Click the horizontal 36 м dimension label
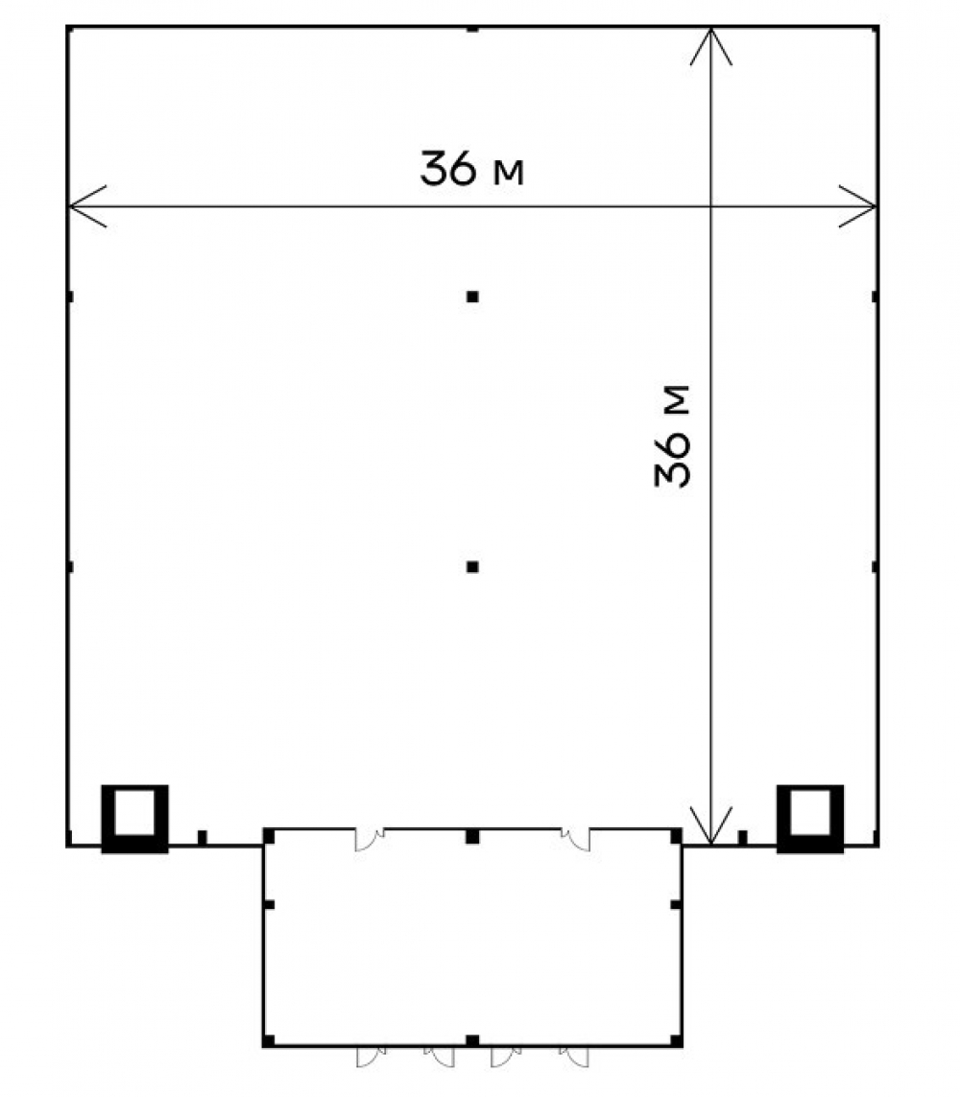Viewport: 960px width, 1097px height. (471, 168)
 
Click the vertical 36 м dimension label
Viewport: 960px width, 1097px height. (672, 436)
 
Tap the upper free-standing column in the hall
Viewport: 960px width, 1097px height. (472, 297)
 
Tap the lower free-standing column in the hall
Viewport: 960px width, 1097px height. (472, 566)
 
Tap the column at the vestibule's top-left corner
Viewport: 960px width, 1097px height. (269, 835)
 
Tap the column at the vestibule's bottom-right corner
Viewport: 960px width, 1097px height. (677, 1040)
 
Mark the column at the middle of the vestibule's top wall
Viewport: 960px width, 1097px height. (472, 836)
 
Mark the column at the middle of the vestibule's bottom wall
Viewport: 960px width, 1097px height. (472, 1041)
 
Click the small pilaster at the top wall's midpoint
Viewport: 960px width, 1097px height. (472, 29)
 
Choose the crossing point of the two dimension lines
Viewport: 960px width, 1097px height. (711, 206)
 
